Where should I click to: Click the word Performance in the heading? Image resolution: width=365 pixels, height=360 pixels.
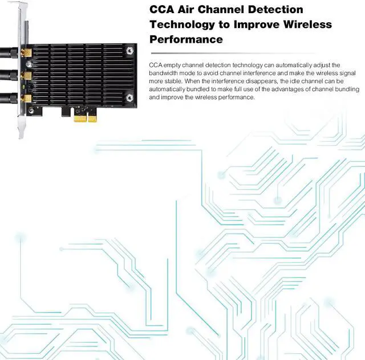tap(186, 40)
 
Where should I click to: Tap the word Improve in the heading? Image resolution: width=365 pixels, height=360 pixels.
tap(253, 25)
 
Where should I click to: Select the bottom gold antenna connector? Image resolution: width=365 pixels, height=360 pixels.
tap(26, 97)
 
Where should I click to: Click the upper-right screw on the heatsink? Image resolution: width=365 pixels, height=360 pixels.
tap(131, 50)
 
